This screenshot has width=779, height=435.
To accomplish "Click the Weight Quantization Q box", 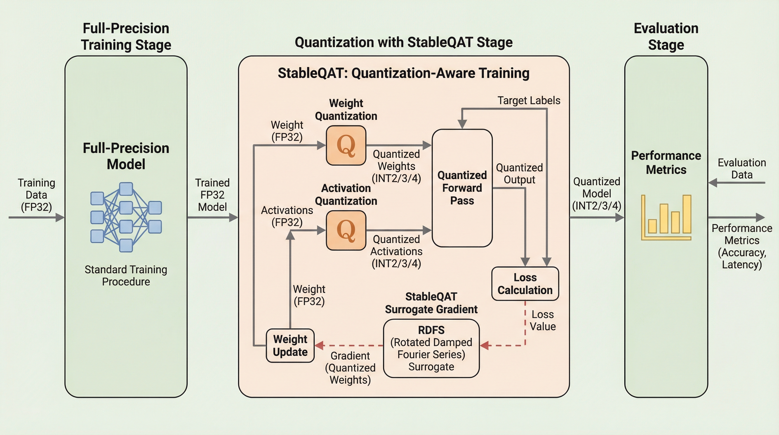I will pyautogui.click(x=346, y=146).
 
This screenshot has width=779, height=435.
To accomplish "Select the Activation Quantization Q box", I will pyautogui.click(x=346, y=231).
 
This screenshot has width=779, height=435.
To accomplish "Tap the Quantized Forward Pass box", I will pyautogui.click(x=462, y=188).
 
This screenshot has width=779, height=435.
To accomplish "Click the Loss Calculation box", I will pyautogui.click(x=525, y=284).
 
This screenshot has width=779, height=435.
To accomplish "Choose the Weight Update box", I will pyautogui.click(x=290, y=346).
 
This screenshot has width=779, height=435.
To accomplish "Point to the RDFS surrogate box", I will pyautogui.click(x=431, y=348).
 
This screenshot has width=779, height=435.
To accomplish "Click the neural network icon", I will pyautogui.click(x=126, y=217).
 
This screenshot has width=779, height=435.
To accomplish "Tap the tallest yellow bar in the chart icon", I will pyautogui.click(x=687, y=214).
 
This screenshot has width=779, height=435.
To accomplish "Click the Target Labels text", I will pyautogui.click(x=528, y=101).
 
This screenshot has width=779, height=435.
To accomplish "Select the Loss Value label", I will pyautogui.click(x=543, y=321).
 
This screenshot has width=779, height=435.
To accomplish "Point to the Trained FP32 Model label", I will pyautogui.click(x=212, y=195).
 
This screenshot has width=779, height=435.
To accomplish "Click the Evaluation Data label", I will pyautogui.click(x=742, y=169).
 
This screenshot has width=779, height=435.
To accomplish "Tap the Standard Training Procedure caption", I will pyautogui.click(x=126, y=276).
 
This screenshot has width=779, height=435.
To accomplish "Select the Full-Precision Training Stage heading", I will pyautogui.click(x=126, y=37).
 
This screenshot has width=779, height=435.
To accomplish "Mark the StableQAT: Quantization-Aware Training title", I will pyautogui.click(x=403, y=73).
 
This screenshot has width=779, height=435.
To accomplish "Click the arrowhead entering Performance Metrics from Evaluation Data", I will pyautogui.click(x=713, y=183).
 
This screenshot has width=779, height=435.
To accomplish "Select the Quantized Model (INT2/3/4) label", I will pyautogui.click(x=596, y=194).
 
